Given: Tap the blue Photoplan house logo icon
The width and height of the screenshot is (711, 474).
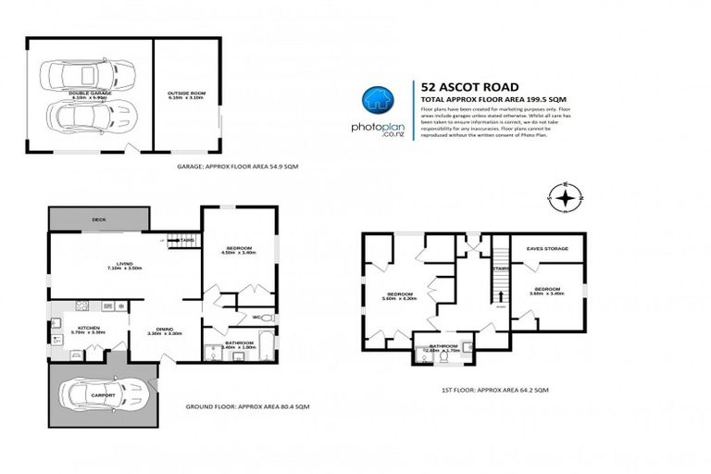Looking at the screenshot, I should [x=374, y=99].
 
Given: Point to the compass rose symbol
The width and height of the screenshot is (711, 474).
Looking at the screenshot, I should [x=566, y=196].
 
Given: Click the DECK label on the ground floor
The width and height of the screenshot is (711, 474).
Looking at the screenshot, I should [x=98, y=219].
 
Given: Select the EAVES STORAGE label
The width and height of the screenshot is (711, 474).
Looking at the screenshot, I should [x=546, y=248].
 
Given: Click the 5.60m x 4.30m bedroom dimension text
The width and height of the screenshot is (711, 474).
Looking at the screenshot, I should [x=400, y=298].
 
